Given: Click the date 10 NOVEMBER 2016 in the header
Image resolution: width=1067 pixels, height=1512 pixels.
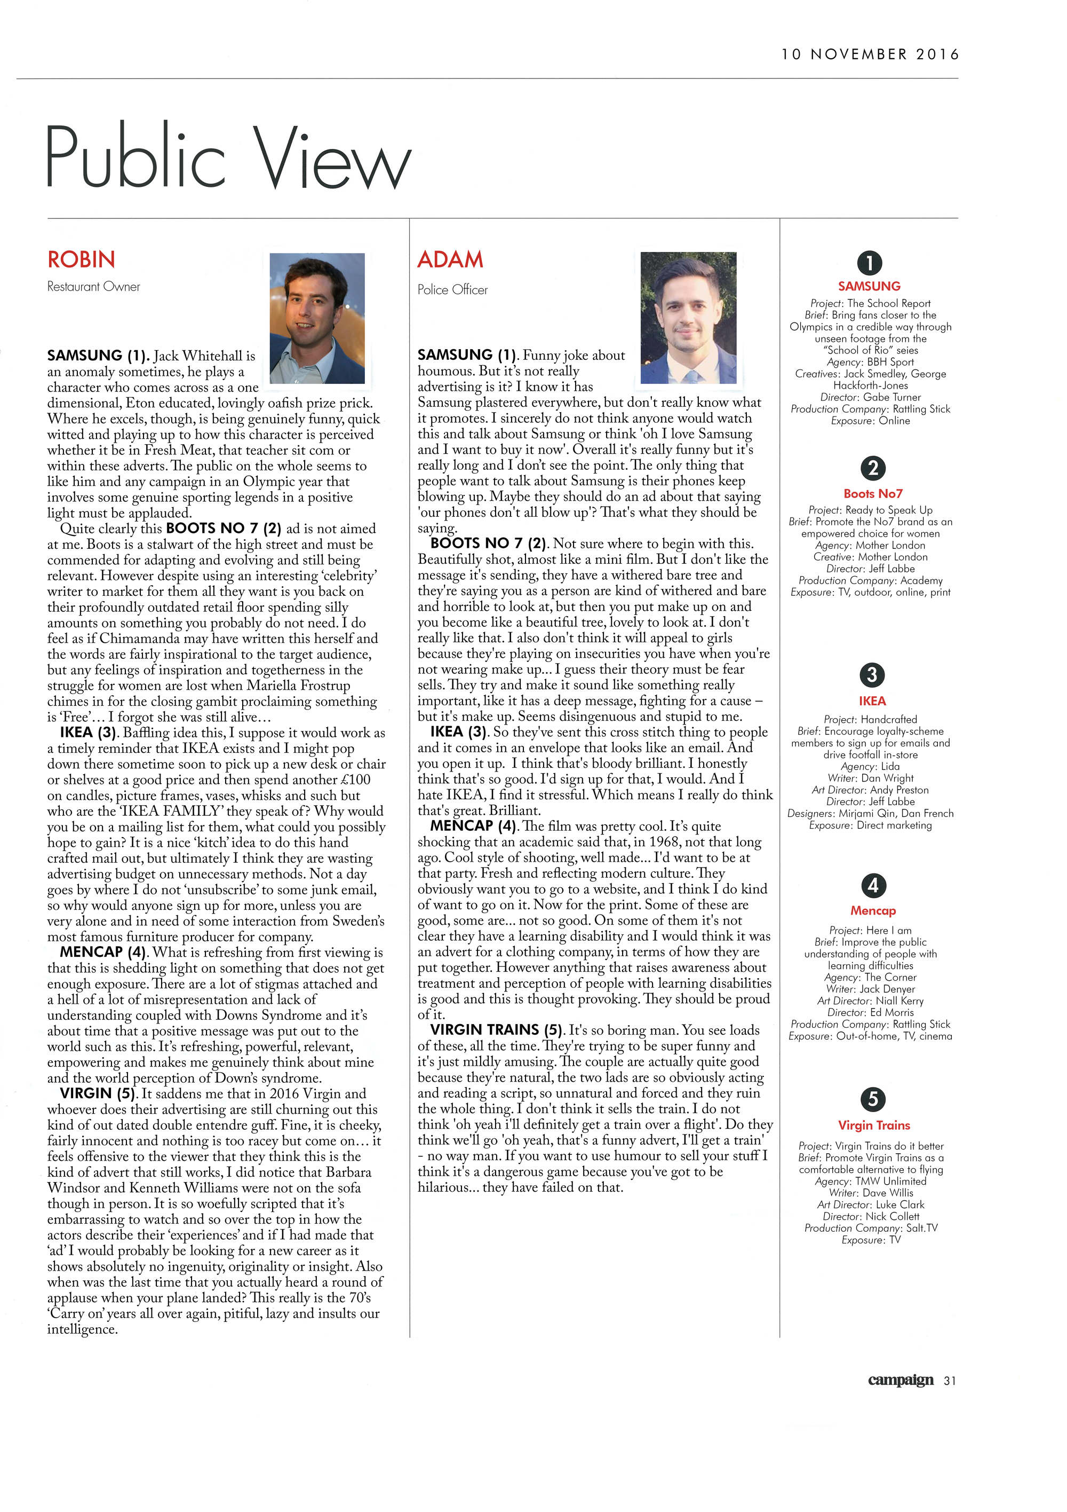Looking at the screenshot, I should tap(870, 54).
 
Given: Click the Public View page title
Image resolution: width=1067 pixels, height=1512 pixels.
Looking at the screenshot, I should tap(228, 158).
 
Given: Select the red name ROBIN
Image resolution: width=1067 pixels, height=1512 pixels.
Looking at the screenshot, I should tap(81, 259).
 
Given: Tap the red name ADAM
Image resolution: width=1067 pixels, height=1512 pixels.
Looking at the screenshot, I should tap(450, 259).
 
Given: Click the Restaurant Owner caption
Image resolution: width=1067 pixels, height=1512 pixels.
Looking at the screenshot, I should tap(93, 287).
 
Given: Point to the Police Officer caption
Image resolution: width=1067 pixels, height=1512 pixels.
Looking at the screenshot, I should tap(452, 290).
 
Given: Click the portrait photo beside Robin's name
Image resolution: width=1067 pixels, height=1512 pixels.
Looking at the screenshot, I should tap(317, 318).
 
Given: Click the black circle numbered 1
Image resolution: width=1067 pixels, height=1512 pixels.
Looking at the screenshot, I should tap(869, 263).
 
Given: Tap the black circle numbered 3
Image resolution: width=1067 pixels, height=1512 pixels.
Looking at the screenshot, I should tap(872, 675).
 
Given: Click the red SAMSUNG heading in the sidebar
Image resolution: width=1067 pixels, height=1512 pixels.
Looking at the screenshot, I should tap(869, 287).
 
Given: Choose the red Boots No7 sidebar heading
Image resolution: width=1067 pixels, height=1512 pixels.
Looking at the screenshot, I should tap(873, 493).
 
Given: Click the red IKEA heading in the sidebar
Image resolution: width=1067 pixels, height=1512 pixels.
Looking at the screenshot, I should tap(872, 700).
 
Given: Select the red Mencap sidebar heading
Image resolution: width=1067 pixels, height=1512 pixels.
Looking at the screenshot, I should tap(873, 911).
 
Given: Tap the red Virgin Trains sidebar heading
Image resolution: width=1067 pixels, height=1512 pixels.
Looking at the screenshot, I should tap(873, 1125).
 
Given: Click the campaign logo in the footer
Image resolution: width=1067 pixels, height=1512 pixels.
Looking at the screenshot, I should tap(900, 1380).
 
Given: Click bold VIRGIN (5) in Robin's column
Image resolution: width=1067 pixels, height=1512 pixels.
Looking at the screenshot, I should tap(98, 1094).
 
